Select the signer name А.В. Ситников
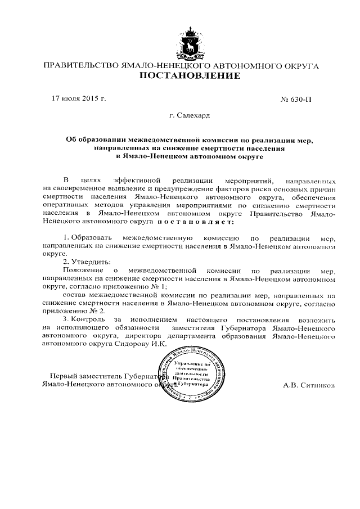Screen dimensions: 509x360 click(x=310, y=386)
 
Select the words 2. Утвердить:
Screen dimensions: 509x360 click(x=86, y=262)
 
